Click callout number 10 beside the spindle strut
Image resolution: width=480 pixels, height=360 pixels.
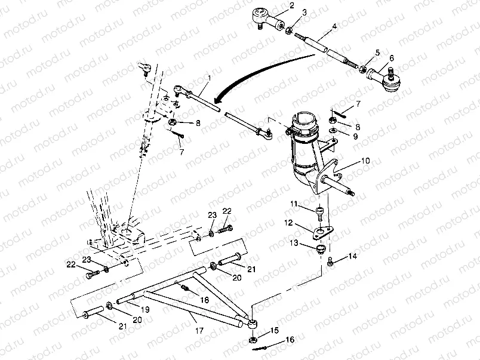[x=365, y=161]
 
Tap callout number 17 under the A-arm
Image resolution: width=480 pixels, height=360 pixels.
[x=199, y=331]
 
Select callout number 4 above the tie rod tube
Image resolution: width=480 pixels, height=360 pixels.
[x=334, y=27]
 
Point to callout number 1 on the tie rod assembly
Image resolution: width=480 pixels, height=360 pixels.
[x=209, y=78]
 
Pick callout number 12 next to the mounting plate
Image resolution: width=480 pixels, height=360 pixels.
[x=289, y=223]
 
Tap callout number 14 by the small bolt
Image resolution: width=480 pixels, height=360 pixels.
[x=353, y=256]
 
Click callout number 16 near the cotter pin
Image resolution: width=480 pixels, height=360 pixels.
[x=290, y=340]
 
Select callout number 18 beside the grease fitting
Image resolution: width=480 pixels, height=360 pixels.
[x=205, y=300]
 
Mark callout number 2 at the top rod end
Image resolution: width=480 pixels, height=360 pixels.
[x=292, y=5]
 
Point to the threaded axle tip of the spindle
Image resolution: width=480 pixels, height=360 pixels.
[x=352, y=193]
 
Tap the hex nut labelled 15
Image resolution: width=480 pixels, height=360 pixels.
[x=253, y=340]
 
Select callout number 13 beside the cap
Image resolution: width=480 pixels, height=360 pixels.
[x=294, y=243]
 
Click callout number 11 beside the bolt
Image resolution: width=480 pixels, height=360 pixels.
[x=294, y=204]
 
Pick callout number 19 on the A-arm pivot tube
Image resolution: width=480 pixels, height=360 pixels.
[x=145, y=309]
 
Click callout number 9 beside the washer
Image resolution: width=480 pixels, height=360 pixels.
[x=355, y=136]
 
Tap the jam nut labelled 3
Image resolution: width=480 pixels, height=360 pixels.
[x=288, y=30]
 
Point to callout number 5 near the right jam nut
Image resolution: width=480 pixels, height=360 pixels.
[x=377, y=53]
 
